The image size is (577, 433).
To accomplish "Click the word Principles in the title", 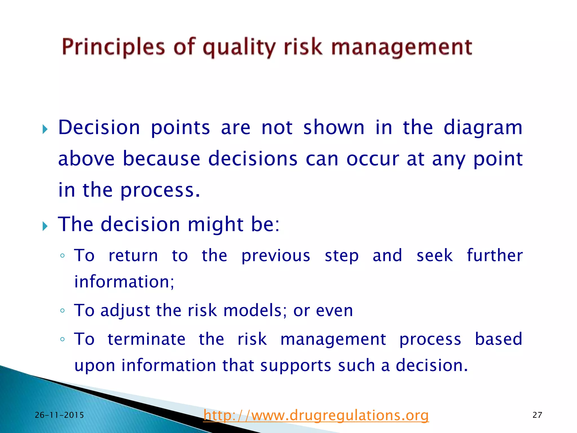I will [x=113, y=47].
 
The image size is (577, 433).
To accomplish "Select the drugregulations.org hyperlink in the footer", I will [x=316, y=415].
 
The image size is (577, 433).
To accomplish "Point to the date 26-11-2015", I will [x=59, y=415].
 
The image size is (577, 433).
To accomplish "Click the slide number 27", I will [x=537, y=415].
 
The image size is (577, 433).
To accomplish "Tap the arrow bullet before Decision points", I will [x=45, y=130].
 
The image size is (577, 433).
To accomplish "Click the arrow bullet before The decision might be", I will [x=45, y=226].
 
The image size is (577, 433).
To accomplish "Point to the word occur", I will [x=373, y=159].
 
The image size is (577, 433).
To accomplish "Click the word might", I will [x=216, y=225].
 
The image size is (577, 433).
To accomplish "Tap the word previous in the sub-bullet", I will [x=276, y=256].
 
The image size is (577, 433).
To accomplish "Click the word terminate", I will [x=147, y=339].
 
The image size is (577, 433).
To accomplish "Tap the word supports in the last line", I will [x=295, y=366].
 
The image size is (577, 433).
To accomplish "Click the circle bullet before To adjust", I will [x=63, y=311].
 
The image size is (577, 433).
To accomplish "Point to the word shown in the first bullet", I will [x=334, y=128].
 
